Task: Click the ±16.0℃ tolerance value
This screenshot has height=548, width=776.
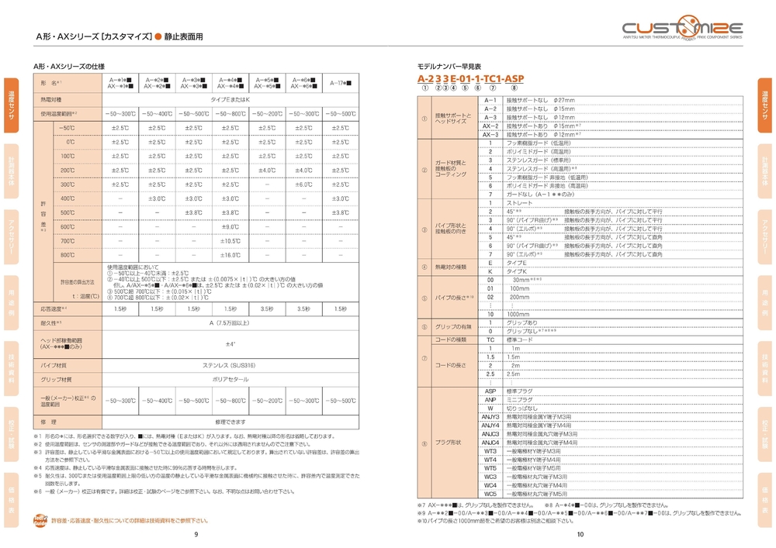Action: pos(230,255)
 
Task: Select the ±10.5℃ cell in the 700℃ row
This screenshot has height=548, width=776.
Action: pos(230,241)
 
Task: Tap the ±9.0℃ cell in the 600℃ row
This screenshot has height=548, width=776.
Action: pos(230,226)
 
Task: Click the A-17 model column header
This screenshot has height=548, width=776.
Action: pos(339,82)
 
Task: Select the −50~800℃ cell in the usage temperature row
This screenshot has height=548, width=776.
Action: pos(230,114)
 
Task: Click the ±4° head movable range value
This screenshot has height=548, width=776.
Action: pos(230,344)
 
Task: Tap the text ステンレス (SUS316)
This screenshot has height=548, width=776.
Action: pos(230,364)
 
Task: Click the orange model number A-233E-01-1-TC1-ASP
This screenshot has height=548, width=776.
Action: pos(470,79)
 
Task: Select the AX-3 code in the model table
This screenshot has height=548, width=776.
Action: pos(490,134)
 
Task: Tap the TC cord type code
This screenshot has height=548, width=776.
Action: pos(490,339)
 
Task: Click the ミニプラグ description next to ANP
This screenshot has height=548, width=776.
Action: pos(518,400)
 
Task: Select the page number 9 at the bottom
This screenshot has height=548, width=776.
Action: pos(196,534)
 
